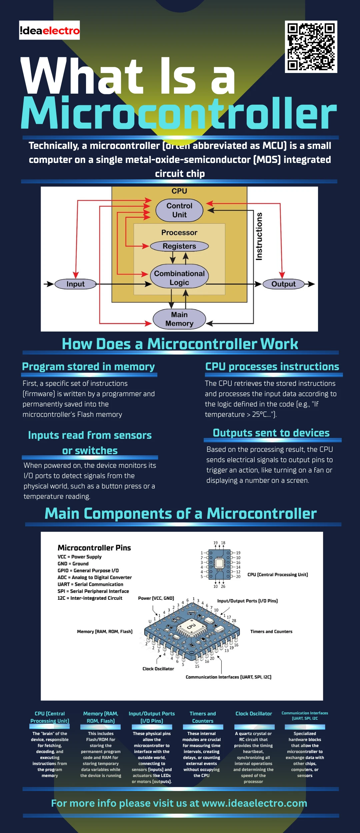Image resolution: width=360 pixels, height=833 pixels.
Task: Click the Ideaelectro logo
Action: [49, 30]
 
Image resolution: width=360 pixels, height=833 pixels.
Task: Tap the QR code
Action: [311, 47]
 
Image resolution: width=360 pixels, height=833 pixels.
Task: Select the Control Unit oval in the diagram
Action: [179, 210]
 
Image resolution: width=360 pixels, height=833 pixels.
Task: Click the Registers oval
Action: [179, 246]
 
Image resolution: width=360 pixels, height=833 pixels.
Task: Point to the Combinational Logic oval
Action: [179, 278]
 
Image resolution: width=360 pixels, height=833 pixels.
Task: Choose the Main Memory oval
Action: [179, 319]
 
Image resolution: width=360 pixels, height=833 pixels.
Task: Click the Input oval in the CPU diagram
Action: [76, 284]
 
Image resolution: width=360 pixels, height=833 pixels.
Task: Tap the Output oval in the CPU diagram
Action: [283, 284]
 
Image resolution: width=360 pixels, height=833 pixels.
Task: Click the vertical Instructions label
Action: [259, 236]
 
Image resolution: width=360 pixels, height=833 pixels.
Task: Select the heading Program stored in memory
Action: [88, 367]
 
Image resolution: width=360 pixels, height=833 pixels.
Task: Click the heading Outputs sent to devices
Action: [271, 433]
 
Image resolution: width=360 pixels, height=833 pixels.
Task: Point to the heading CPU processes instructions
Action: [272, 367]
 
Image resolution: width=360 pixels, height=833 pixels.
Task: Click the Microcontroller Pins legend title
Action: [94, 548]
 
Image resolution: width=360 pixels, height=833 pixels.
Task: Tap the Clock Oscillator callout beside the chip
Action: [158, 669]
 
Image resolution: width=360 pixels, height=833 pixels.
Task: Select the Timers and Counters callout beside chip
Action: [271, 631]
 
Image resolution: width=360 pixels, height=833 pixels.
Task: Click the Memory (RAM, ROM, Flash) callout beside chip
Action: [105, 631]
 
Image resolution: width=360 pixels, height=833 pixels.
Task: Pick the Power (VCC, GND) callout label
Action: [156, 598]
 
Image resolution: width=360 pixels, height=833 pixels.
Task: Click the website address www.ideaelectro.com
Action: [254, 803]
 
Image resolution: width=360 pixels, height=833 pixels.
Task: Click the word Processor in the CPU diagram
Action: [179, 233]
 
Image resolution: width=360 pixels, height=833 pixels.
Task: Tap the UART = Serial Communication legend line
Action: [90, 584]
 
